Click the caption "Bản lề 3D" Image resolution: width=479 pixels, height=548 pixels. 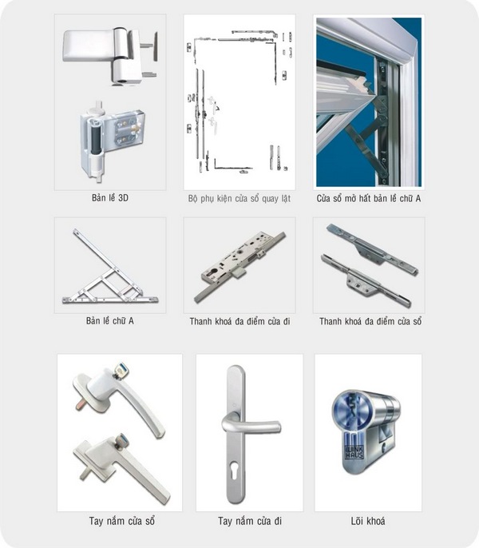110,198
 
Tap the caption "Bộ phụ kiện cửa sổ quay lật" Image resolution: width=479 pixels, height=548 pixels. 239,198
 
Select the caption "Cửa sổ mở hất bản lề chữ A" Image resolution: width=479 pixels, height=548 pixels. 369,198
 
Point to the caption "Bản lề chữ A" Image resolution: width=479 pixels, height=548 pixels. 110,321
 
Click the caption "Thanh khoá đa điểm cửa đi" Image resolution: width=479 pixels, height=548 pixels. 239,321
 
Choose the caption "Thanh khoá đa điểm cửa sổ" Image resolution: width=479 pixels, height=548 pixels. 370,321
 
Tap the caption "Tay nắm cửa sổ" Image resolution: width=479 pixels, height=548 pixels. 121,521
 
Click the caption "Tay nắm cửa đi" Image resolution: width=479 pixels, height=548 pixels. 250,521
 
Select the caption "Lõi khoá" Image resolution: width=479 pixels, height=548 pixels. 368,521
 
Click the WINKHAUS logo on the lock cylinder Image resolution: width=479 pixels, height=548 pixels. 354,453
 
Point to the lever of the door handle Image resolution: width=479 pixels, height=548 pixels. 251,425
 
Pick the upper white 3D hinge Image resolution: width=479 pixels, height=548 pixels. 110,54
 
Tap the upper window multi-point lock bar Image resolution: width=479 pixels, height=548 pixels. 373,249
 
